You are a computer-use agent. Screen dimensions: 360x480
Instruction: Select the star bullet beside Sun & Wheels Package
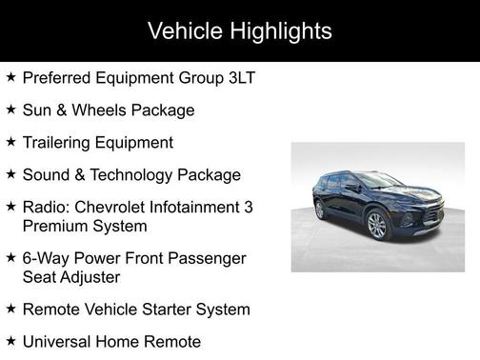click(10, 110)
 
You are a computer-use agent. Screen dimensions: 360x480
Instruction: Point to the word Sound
click(46, 174)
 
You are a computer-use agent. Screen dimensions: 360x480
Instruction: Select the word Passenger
click(210, 259)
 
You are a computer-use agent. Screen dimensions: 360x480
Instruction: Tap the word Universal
click(58, 342)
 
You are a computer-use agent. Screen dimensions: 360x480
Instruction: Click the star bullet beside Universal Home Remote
click(10, 342)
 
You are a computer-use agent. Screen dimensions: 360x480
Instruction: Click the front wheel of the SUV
click(376, 226)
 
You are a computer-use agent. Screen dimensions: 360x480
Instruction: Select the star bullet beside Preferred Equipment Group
click(10, 77)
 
